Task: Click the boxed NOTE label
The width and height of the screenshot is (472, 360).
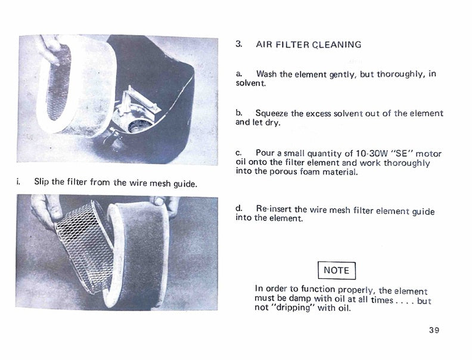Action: [x=337, y=271]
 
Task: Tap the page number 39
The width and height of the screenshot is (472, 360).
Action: [x=434, y=330]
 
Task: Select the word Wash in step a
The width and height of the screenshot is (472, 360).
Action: [x=267, y=74]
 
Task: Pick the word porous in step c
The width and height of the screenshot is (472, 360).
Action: [x=284, y=172]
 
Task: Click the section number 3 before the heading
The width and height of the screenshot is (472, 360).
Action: [x=238, y=44]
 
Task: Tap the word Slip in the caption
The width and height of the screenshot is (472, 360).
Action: [x=41, y=182]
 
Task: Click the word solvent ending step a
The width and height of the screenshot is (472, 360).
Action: [x=251, y=83]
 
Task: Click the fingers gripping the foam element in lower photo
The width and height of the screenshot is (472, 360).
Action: [x=165, y=204]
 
